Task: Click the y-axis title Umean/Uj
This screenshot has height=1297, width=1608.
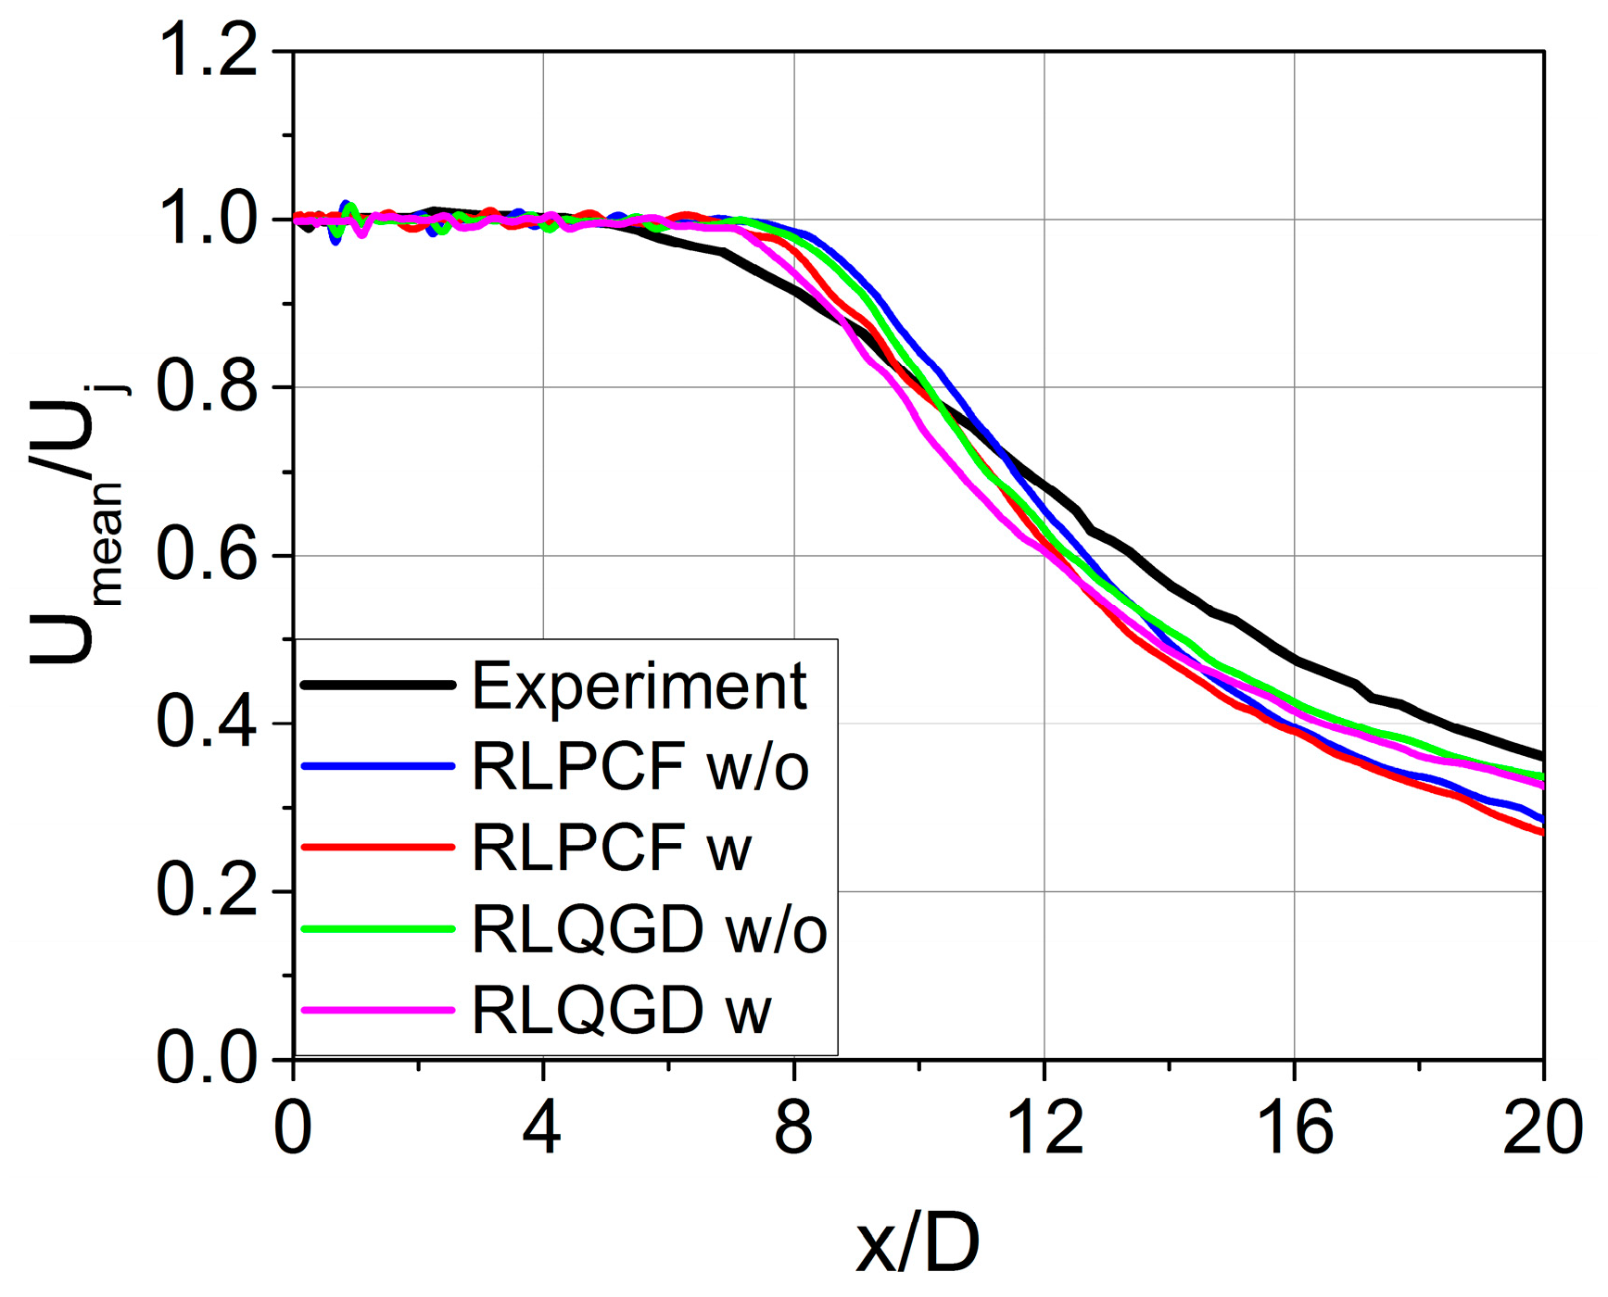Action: [x=78, y=523]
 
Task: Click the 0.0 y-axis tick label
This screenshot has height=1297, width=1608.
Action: [x=208, y=1058]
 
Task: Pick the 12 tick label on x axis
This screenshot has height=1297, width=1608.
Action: [x=1045, y=1129]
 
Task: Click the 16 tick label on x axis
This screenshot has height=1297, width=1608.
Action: [x=1295, y=1129]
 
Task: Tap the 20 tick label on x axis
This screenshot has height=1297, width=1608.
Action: [x=1543, y=1129]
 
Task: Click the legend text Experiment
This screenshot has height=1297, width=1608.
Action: [x=639, y=686]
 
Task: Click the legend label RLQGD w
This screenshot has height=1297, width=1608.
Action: [x=622, y=1010]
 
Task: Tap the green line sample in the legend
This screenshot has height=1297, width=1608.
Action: [x=378, y=929]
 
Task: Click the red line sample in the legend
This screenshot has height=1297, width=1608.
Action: [x=378, y=848]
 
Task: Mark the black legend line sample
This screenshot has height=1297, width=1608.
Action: [x=378, y=686]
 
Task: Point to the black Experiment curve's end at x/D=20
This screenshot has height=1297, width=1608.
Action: [x=1541, y=756]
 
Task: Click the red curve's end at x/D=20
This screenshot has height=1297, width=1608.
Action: [x=1541, y=832]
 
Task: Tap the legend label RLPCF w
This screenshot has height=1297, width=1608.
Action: [x=612, y=848]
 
